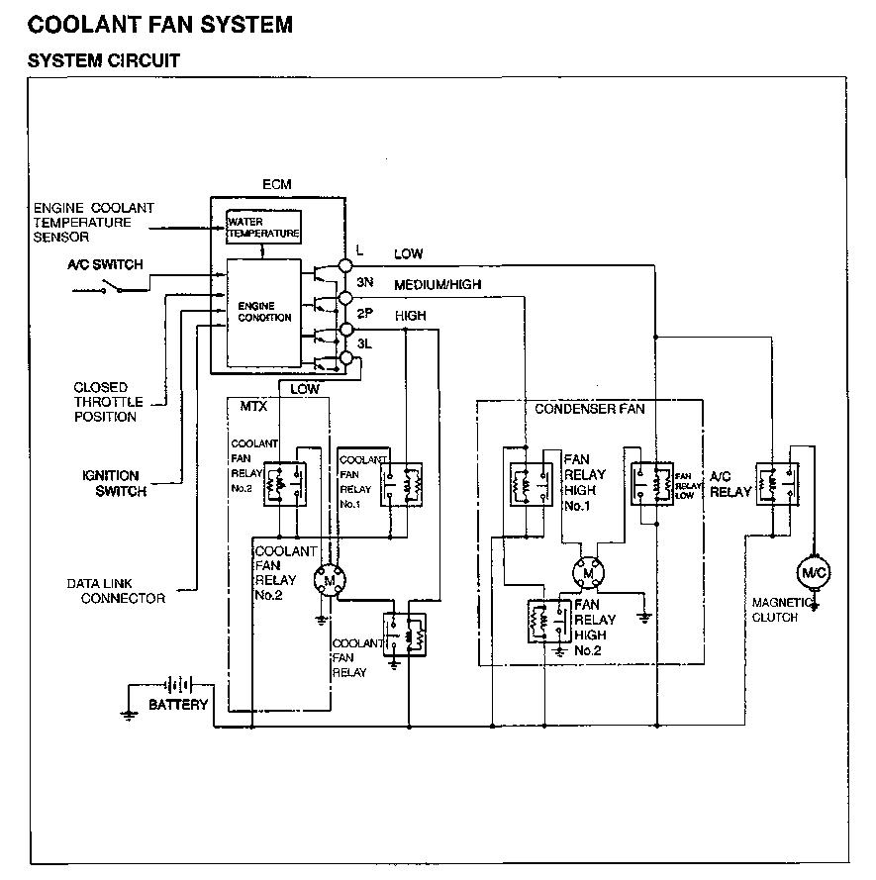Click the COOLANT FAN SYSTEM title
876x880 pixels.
[x=160, y=23]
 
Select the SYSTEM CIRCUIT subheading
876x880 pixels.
[x=103, y=60]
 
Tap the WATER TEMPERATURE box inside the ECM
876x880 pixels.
[x=263, y=228]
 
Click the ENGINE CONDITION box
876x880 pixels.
[x=264, y=312]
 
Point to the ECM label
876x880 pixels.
[x=276, y=185]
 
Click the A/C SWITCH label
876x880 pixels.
[x=105, y=264]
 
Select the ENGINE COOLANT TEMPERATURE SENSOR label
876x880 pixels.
[x=93, y=223]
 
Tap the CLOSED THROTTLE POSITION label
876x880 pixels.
[x=107, y=402]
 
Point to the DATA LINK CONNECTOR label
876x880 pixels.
[x=116, y=591]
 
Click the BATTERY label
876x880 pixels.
[x=178, y=705]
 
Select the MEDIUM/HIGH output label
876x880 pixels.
[x=438, y=285]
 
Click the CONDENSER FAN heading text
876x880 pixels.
[x=589, y=408]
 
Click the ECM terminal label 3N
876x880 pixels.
[x=365, y=282]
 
